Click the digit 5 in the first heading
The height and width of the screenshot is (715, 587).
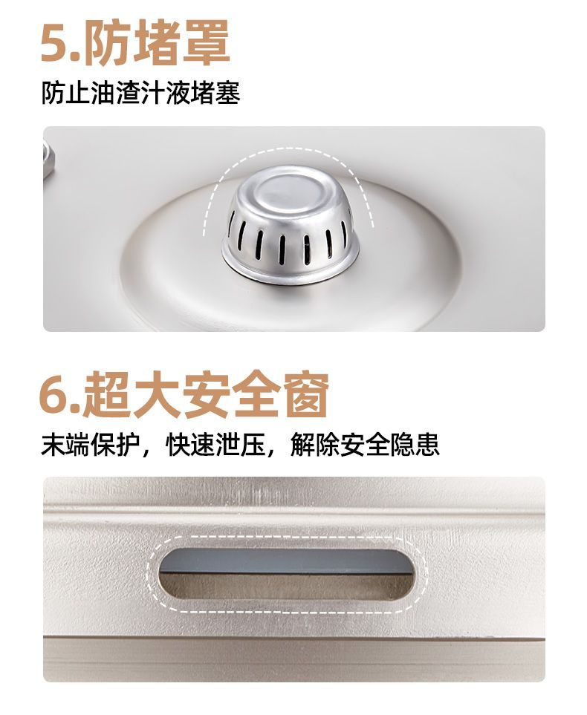pyautogui.click(x=55, y=44)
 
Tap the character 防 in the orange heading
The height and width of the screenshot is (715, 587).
pyautogui.click(x=108, y=42)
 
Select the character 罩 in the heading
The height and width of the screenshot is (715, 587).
pyautogui.click(x=206, y=42)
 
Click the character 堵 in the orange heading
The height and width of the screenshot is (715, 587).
pyautogui.click(x=157, y=42)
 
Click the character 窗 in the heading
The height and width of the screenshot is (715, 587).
pyautogui.click(x=305, y=395)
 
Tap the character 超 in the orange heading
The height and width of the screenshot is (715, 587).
pyautogui.click(x=106, y=395)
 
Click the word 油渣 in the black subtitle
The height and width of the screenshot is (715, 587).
pyautogui.click(x=116, y=92)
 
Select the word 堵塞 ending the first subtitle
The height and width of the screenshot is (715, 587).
pyautogui.click(x=215, y=92)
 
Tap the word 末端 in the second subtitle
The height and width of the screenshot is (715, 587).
pyautogui.click(x=65, y=445)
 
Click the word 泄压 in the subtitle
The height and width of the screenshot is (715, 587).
pyautogui.click(x=241, y=445)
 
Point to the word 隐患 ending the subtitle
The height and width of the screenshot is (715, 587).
pyautogui.click(x=415, y=445)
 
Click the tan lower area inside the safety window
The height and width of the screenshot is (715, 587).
pyautogui.click(x=286, y=587)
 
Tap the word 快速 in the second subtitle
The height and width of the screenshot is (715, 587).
pyautogui.click(x=190, y=445)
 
